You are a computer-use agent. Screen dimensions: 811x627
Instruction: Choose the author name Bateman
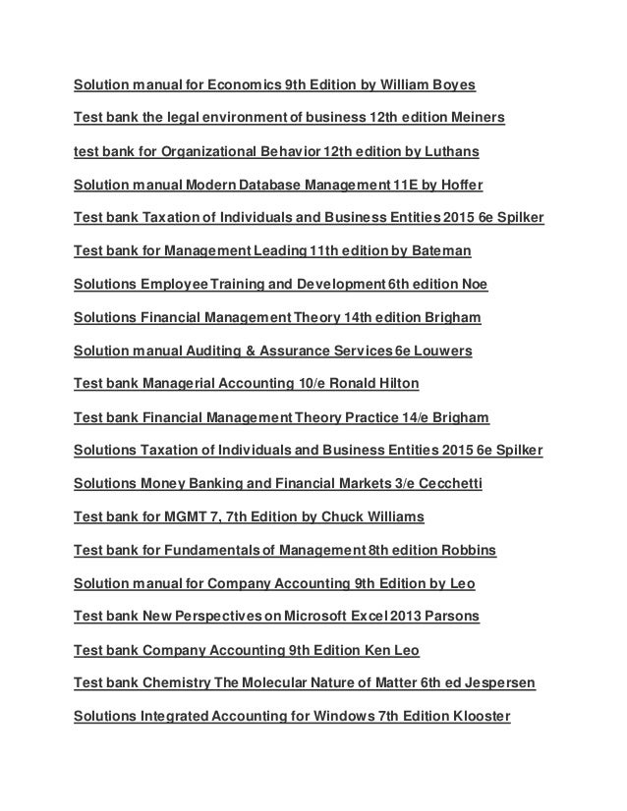pyautogui.click(x=439, y=251)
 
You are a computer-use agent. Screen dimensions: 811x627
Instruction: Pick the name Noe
pyautogui.click(x=474, y=285)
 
